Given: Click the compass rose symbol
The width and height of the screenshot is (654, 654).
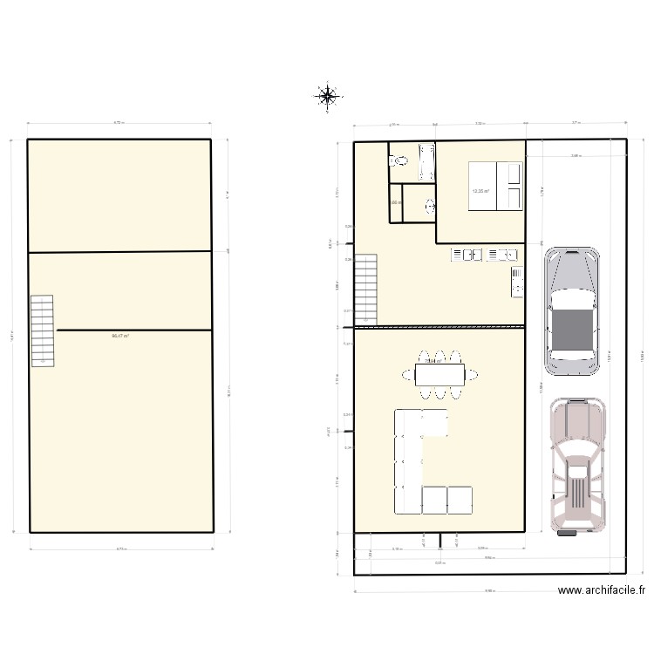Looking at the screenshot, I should (327, 96).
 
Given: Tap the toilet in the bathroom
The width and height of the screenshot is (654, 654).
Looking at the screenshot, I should (400, 160).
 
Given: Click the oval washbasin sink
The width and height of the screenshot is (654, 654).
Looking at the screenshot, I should (429, 207).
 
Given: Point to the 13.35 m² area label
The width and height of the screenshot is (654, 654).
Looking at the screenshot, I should (480, 192).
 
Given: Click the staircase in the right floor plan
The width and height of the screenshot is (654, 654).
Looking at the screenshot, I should (365, 288).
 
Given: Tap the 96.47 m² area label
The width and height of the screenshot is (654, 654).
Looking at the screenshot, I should (120, 336).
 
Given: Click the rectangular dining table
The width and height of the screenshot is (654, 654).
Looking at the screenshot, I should (439, 375).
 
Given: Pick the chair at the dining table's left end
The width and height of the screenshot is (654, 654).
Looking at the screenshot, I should (409, 375).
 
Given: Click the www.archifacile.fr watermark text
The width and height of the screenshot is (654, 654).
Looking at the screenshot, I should (602, 590).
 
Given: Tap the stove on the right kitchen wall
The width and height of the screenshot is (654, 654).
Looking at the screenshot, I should (517, 281).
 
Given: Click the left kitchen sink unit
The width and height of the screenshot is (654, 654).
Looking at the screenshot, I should (467, 255).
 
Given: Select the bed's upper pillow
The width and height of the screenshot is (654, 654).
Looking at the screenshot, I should (514, 174).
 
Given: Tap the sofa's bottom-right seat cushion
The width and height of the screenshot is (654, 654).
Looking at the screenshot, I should (460, 500).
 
